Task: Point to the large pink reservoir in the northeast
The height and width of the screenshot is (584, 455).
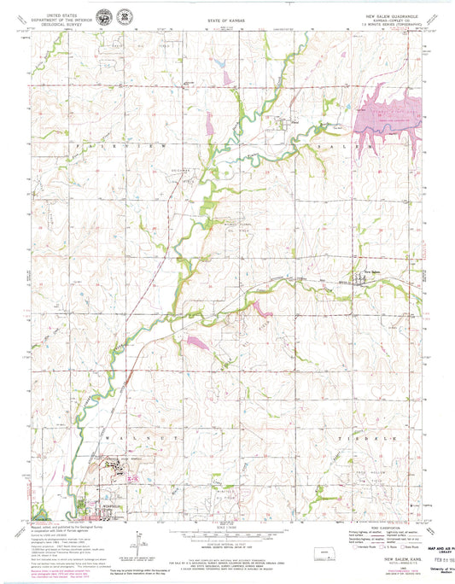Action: tap(388, 120)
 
